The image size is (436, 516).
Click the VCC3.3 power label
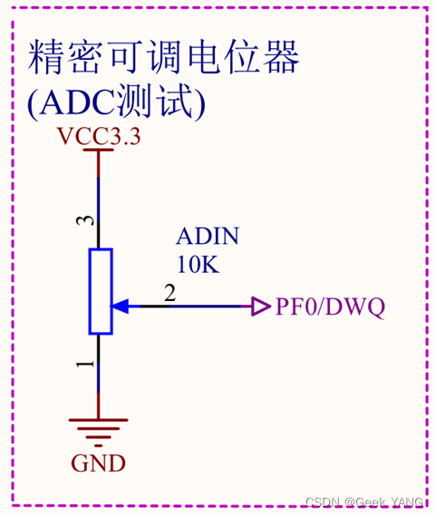pyautogui.click(x=99, y=137)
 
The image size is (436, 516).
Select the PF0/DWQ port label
pyautogui.click(x=330, y=307)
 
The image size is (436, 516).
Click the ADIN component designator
pyautogui.click(x=208, y=238)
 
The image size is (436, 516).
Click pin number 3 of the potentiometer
pyautogui.click(x=83, y=221)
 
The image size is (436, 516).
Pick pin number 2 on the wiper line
pyautogui.click(x=169, y=293)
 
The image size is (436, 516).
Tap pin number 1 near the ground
pyautogui.click(x=84, y=364)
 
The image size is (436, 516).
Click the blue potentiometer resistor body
pyautogui.click(x=100, y=291)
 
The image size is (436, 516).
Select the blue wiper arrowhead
pyautogui.click(x=121, y=307)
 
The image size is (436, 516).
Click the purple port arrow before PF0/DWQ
pyautogui.click(x=260, y=307)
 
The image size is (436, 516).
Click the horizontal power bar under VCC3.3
pyautogui.click(x=98, y=151)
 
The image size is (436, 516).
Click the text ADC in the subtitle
pyautogui.click(x=82, y=103)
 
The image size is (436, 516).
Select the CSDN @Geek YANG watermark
pyautogui.click(x=363, y=502)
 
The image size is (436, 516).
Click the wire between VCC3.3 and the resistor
pyautogui.click(x=99, y=200)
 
